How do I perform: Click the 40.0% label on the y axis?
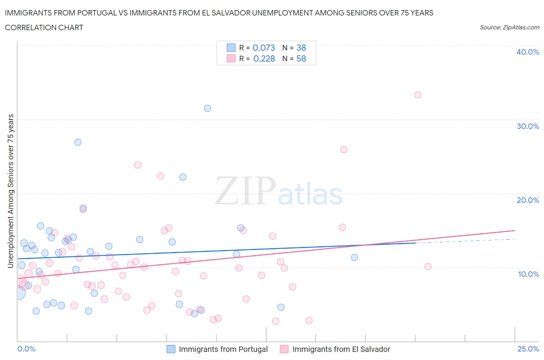[x=527, y=52]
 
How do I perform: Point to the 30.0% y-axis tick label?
[x=527, y=126]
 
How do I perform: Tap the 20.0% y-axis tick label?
[x=527, y=200]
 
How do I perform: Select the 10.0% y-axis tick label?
[x=528, y=274]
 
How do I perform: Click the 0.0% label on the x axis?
[x=26, y=349]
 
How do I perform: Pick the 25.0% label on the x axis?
[x=528, y=349]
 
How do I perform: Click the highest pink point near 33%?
[x=417, y=95]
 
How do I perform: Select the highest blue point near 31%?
[x=207, y=108]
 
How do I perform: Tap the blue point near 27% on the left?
[x=78, y=142]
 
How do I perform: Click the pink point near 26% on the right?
[x=344, y=149]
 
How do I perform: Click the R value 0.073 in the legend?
[x=263, y=48]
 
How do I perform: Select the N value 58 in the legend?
[x=301, y=58]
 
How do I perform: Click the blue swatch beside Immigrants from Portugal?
[x=171, y=349]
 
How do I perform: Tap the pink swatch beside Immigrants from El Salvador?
[x=284, y=349]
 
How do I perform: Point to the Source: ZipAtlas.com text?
[x=509, y=27]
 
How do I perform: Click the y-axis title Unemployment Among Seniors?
[x=10, y=191]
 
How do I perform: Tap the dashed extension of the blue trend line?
[x=464, y=241]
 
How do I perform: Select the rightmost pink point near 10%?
[x=428, y=267]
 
